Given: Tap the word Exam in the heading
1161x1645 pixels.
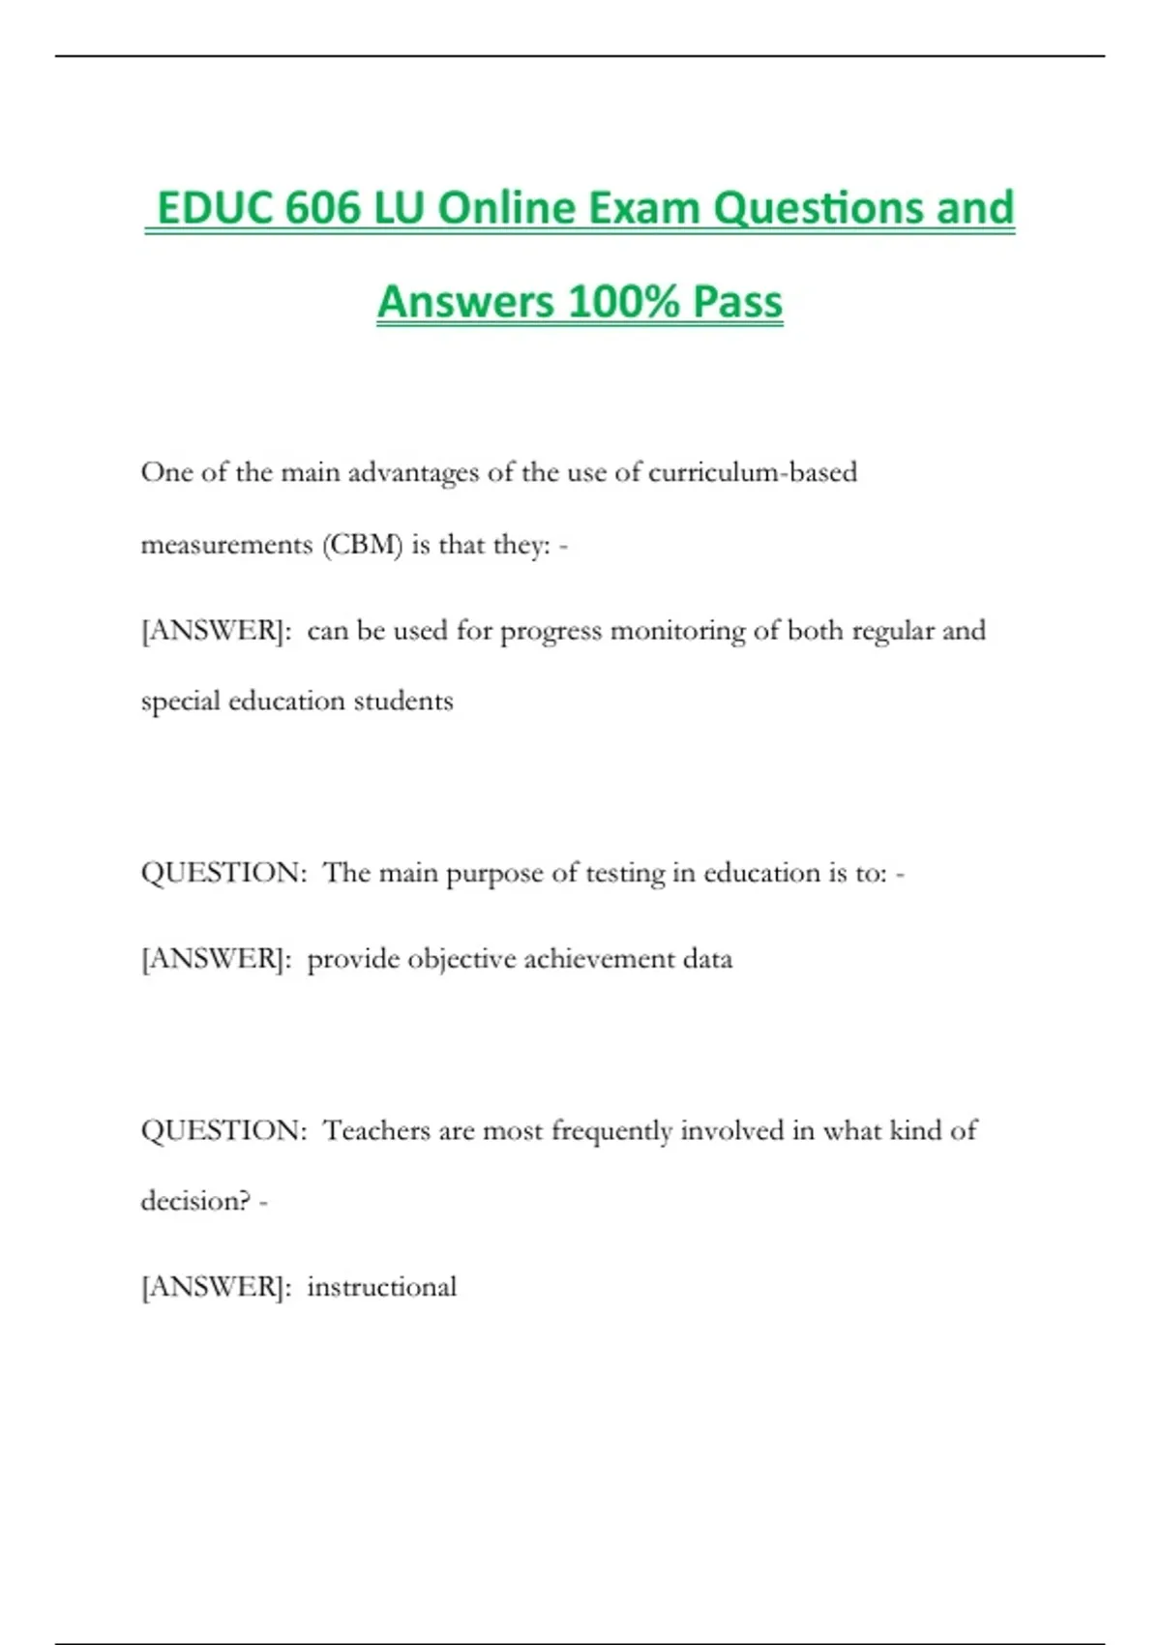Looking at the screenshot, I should click(x=644, y=208).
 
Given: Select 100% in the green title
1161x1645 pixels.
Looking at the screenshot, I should click(x=624, y=302).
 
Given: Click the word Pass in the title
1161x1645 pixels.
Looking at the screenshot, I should click(x=737, y=302).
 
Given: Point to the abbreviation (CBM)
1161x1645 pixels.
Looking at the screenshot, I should click(x=362, y=545).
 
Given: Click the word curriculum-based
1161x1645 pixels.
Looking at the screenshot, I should click(x=753, y=472).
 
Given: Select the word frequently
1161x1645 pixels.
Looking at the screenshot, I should click(x=611, y=1130).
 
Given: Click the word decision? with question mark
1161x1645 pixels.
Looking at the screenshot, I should click(x=196, y=1201).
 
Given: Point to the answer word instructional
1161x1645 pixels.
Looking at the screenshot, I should click(x=381, y=1287).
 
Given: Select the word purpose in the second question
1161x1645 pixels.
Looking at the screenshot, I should click(x=493, y=873).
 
